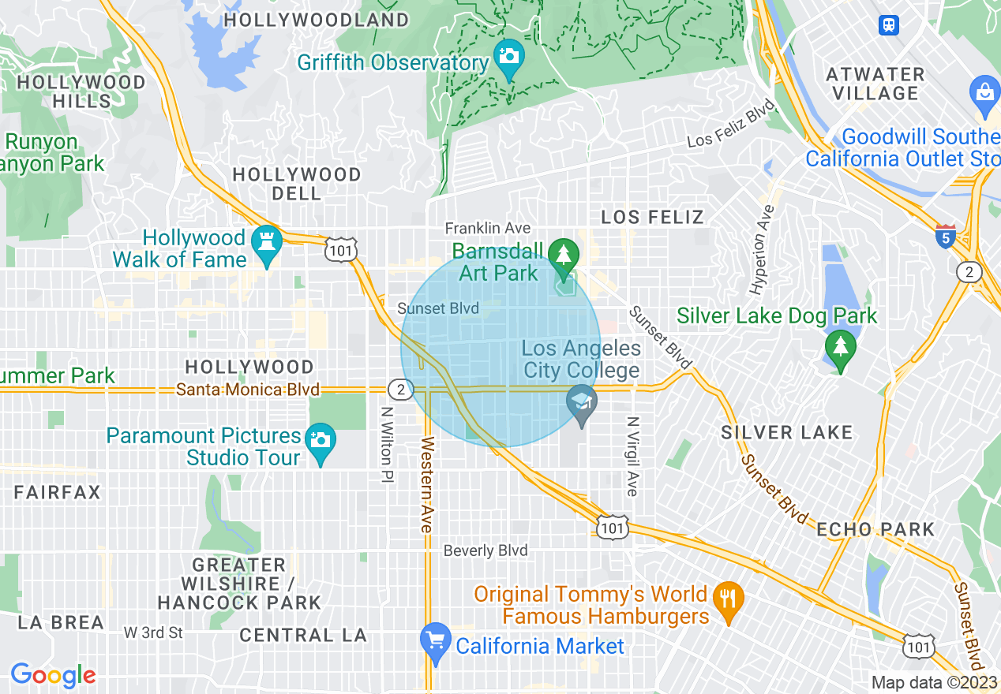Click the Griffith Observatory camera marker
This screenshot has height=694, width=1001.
(x=509, y=57)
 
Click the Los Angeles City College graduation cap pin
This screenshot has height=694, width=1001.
(x=582, y=402)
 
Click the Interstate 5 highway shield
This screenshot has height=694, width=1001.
(x=945, y=236)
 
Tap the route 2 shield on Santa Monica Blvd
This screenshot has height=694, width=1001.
(x=401, y=389)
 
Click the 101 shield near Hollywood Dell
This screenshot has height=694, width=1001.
(x=341, y=249)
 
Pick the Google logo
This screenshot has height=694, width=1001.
(x=53, y=675)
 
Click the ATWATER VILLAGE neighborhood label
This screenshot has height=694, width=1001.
(x=875, y=84)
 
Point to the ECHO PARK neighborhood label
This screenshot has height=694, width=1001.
(x=875, y=529)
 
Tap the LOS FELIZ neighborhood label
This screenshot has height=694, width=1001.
(x=652, y=217)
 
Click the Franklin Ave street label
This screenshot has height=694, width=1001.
(x=487, y=228)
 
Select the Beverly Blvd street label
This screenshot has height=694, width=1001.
(x=486, y=550)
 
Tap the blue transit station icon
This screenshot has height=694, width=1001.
(x=889, y=24)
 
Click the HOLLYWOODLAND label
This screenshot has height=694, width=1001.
(x=317, y=20)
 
